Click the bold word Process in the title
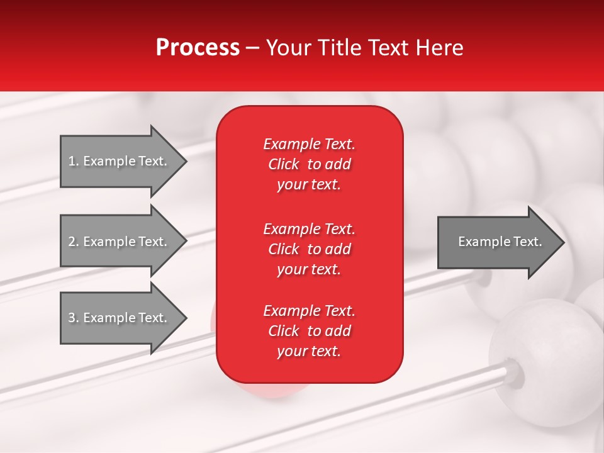pos(197,48)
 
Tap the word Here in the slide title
pos(439,48)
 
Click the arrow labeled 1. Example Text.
pos(120,161)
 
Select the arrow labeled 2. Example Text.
pos(120,242)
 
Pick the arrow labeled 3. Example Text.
pos(120,318)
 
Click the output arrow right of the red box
pos(497,242)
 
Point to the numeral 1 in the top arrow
pos(72,161)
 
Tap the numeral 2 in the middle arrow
pos(72,242)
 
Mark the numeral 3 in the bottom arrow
pos(72,318)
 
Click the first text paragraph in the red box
pos(309,164)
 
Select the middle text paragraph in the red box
pos(309,249)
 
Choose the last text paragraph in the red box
pos(309,331)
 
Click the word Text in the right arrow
pos(527,242)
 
